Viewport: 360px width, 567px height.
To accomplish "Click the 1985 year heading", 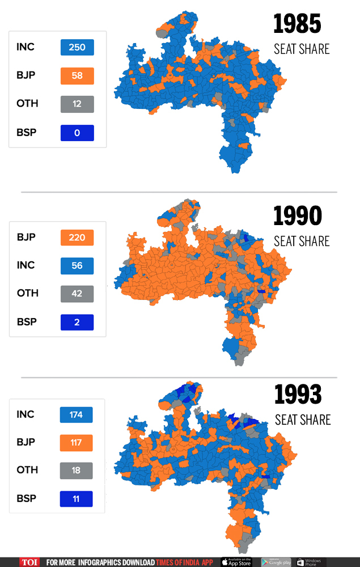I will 297,24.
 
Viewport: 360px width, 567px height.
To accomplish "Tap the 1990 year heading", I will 298,216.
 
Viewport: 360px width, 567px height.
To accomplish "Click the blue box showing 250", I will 77,47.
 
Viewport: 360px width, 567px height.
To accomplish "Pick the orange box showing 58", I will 77,75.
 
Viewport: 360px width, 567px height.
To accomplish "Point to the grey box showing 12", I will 77,104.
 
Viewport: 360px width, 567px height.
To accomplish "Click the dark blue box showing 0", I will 77,133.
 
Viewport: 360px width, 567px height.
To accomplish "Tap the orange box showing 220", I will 77,238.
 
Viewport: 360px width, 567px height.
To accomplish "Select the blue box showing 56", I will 77,266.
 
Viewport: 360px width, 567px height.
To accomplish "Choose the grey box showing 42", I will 77,294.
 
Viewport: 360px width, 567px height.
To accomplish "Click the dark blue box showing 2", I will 77,322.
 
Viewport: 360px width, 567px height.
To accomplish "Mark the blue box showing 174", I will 76,414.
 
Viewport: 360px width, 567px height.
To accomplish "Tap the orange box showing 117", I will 76,443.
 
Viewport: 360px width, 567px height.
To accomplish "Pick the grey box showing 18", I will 76,471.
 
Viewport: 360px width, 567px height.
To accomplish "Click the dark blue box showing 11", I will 76,499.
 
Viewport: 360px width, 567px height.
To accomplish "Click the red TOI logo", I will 29,562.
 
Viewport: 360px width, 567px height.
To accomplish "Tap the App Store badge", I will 236,562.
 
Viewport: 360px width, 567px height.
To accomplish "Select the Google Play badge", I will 276,562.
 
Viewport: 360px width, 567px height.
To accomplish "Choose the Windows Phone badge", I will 311,562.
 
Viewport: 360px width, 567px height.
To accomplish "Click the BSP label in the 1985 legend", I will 27,132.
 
